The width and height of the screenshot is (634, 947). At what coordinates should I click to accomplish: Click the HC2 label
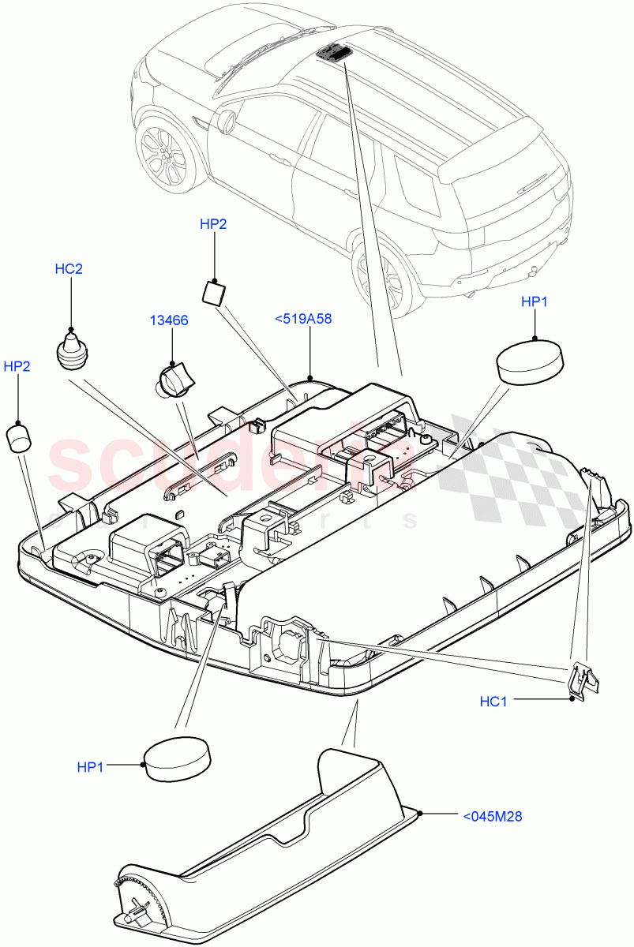[69, 269]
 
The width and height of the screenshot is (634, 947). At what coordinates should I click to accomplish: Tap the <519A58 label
[302, 319]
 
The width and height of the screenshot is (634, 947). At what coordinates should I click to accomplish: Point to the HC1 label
[493, 701]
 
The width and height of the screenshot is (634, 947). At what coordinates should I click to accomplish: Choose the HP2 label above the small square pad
[213, 224]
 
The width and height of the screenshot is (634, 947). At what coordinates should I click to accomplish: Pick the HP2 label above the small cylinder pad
[17, 366]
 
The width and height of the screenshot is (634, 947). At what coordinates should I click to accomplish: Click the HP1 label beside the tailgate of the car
[534, 301]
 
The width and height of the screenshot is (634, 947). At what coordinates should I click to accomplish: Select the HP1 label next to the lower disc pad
[91, 767]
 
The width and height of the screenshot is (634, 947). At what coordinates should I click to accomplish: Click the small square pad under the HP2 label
[213, 292]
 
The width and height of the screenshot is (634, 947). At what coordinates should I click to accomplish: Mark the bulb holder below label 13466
[174, 380]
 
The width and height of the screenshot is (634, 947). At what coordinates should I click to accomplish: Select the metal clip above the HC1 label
[581, 680]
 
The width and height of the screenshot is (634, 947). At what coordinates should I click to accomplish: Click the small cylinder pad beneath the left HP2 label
[19, 436]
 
